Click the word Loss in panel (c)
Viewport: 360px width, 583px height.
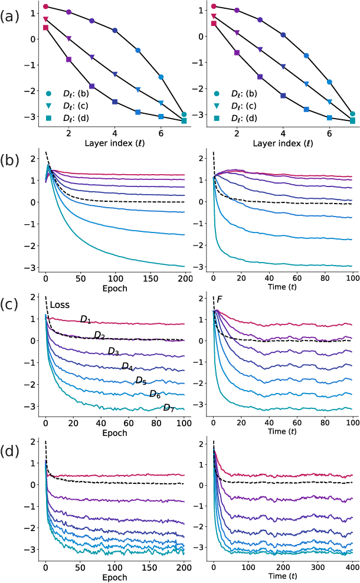click(60, 305)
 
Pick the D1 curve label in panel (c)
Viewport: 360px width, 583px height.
click(86, 319)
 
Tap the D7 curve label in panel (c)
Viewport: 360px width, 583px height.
click(169, 408)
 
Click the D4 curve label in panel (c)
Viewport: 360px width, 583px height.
click(127, 366)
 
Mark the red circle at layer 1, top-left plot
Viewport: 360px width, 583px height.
click(45, 6)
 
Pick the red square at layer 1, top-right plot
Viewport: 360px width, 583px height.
click(214, 24)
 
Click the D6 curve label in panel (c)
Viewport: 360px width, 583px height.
click(155, 394)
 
